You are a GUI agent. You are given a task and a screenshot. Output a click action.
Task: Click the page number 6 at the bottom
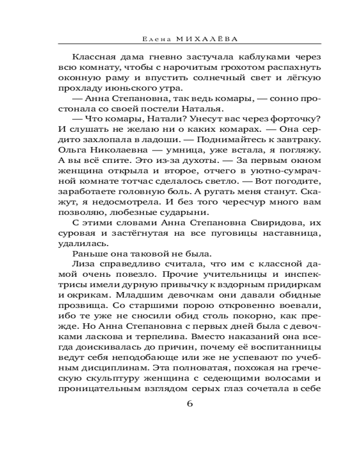[189, 404]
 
